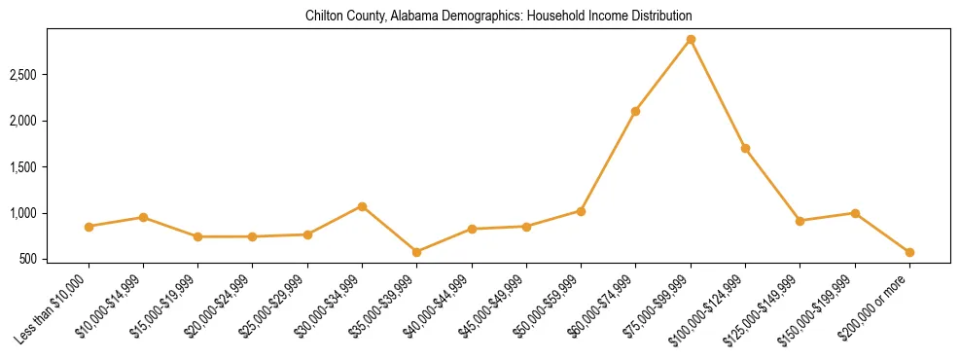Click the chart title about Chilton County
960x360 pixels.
coord(498,17)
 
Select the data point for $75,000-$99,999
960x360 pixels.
coord(691,39)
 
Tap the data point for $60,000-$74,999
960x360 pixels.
coord(635,111)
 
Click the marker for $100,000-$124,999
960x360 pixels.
coord(745,148)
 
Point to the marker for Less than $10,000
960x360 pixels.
coord(89,226)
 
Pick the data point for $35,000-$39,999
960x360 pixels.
coord(416,252)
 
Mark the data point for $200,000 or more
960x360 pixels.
coord(909,252)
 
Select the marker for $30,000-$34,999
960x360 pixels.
coord(362,206)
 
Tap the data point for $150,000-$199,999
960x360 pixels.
coord(855,213)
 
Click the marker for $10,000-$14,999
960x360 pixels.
coord(143,217)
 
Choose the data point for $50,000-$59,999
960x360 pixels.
coord(581,210)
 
